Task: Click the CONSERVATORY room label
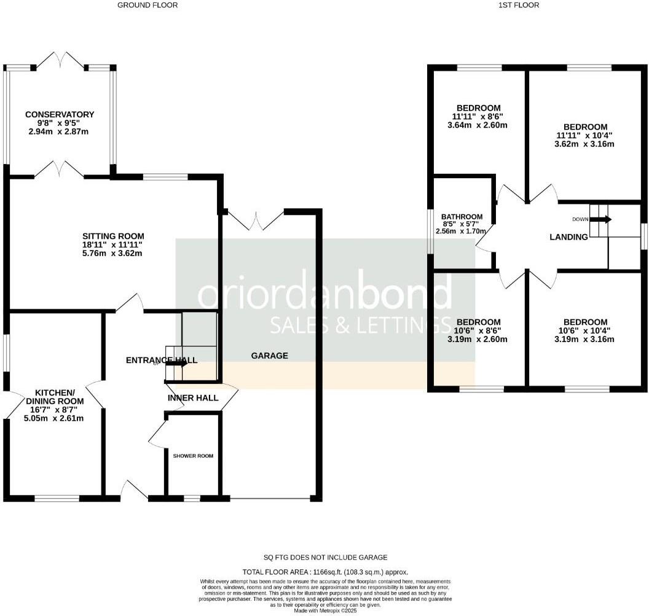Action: click(60, 114)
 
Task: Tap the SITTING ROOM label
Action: click(114, 236)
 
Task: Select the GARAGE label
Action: click(269, 356)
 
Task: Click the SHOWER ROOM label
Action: click(193, 456)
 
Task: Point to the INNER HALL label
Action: click(193, 398)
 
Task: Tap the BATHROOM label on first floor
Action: click(462, 217)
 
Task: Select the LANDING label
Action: click(568, 236)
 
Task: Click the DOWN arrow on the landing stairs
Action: click(600, 219)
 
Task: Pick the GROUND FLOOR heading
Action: click(147, 5)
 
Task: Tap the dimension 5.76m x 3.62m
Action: click(114, 253)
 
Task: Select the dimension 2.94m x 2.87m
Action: click(60, 131)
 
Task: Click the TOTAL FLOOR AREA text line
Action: click(325, 572)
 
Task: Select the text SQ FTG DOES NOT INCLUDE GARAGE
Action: click(325, 557)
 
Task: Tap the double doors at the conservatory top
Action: click(60, 60)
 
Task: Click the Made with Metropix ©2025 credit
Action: click(325, 610)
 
